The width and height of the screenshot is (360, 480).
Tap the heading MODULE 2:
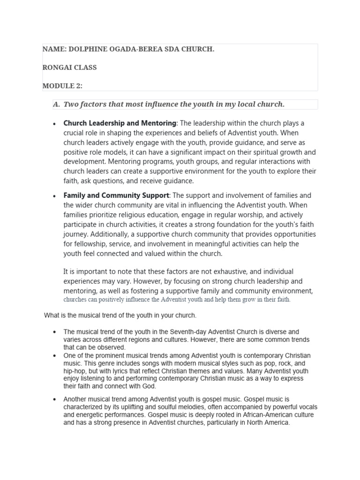62,86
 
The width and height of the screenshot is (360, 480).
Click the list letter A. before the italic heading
56,104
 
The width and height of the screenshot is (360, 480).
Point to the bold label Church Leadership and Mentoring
120,123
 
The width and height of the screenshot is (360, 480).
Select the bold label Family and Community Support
116,195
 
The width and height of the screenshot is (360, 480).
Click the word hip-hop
74,371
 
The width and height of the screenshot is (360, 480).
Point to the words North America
269,422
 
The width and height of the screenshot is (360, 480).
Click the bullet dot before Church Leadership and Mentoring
55,124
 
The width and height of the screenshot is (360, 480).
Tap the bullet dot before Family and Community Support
55,196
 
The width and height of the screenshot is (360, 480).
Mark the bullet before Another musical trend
55,400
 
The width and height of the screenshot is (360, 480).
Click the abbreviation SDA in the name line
171,49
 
